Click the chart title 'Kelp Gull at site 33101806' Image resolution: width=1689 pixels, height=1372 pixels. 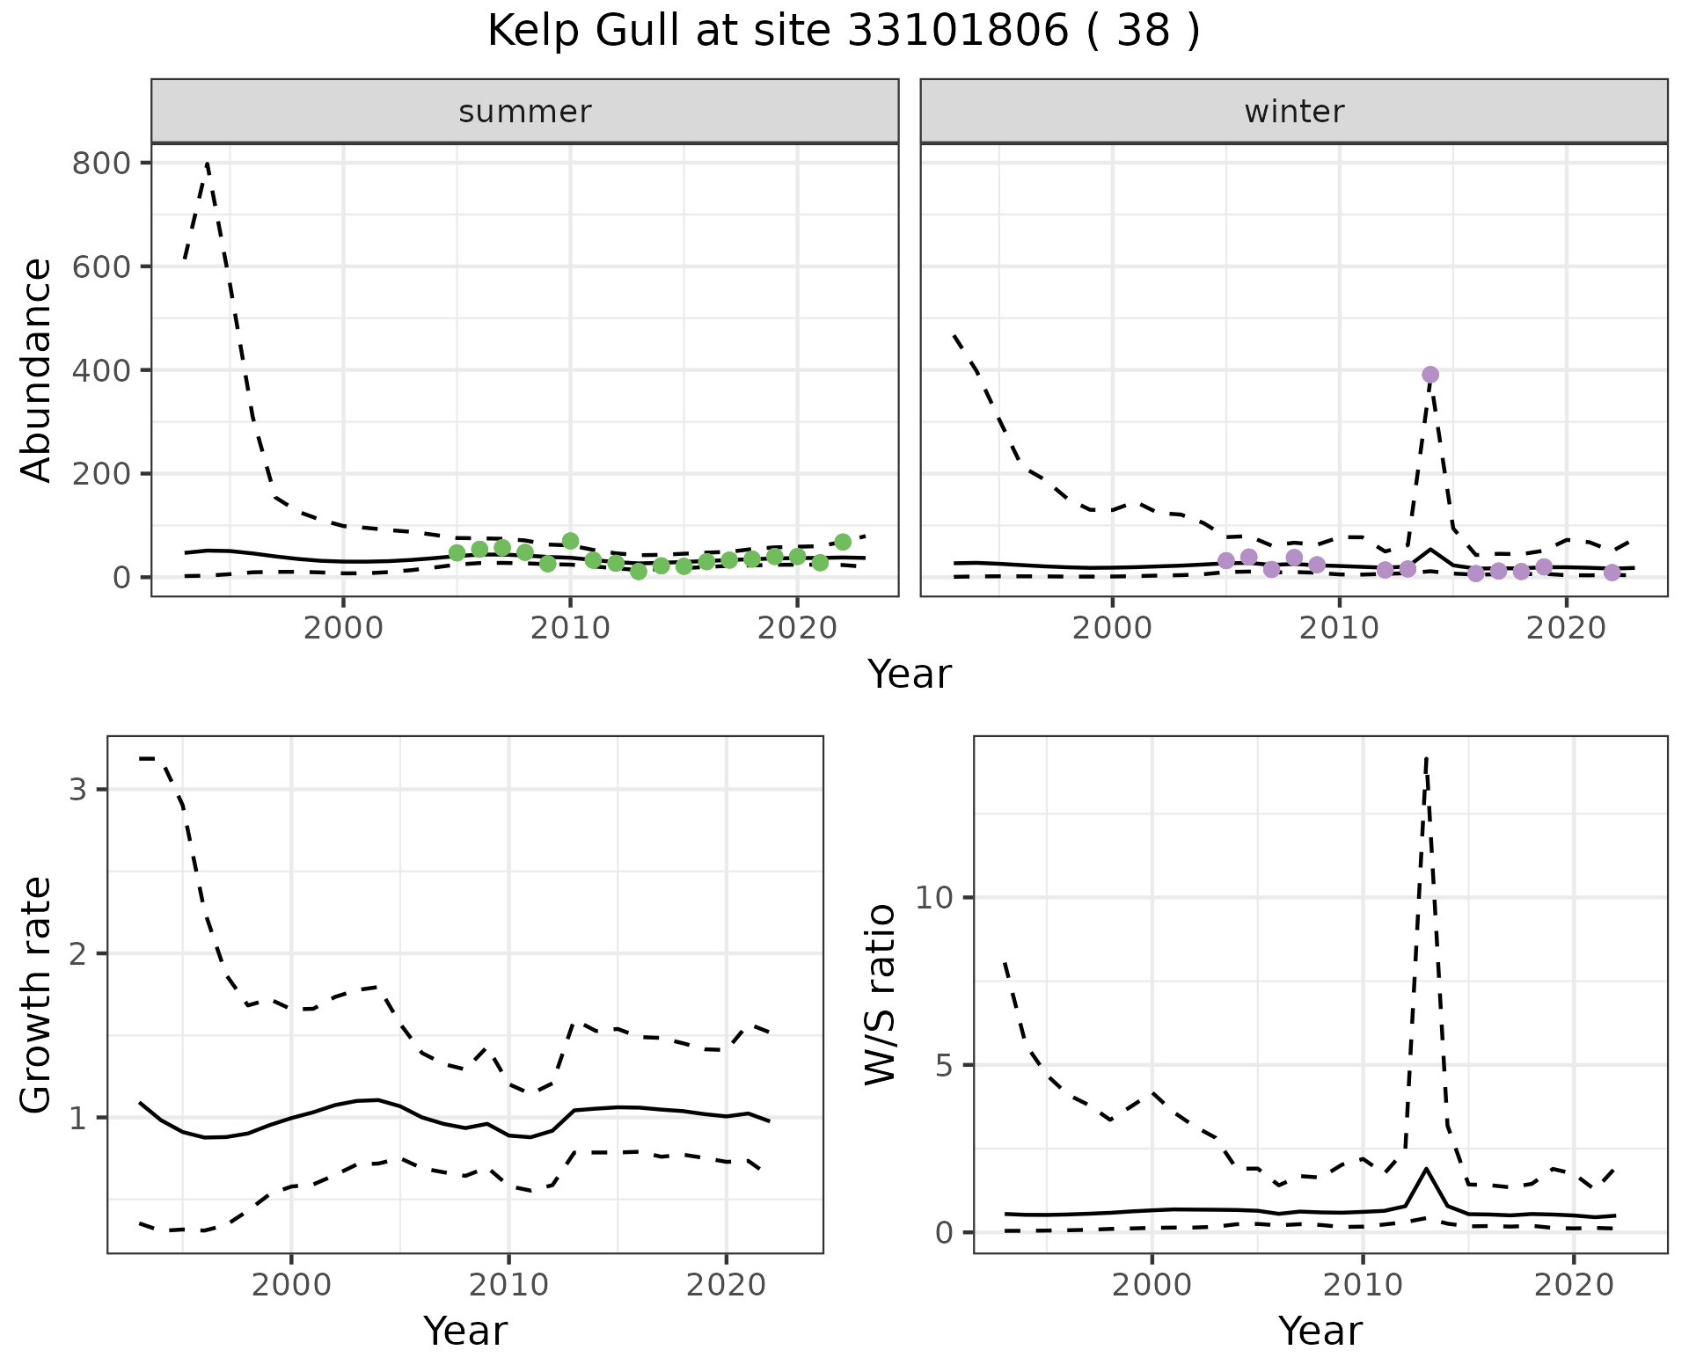843,32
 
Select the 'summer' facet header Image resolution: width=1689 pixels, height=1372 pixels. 524,112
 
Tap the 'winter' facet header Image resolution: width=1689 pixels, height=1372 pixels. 1293,112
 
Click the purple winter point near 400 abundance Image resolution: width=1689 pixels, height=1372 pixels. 1429,375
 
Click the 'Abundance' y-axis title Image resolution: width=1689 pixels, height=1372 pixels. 37,369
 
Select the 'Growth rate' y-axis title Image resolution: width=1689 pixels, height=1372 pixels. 37,994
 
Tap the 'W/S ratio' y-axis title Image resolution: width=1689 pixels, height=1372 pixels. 880,994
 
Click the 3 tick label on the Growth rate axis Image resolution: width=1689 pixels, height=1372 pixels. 77,790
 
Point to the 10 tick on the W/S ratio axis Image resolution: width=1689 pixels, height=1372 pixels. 934,898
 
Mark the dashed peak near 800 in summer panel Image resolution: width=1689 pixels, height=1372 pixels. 207,164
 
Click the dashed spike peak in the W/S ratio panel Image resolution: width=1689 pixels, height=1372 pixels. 1425,758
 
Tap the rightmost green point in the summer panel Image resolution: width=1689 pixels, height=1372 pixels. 843,542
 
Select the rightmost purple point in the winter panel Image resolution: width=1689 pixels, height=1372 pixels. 1612,573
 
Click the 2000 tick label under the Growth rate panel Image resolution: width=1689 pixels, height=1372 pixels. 291,1285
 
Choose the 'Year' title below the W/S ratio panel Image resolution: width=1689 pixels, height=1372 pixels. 1320,1331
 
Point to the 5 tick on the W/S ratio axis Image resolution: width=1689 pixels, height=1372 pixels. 943,1065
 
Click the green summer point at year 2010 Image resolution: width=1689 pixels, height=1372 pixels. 570,541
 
